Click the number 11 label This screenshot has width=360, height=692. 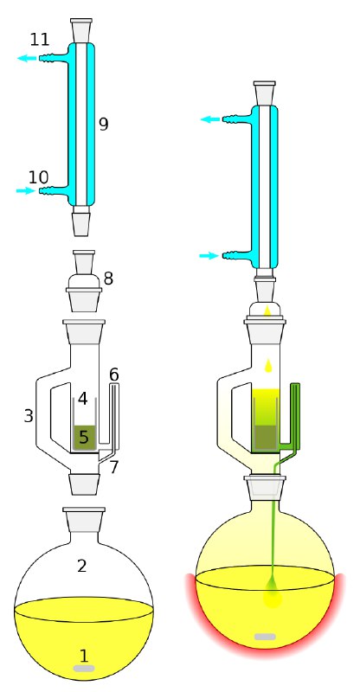pyautogui.click(x=40, y=40)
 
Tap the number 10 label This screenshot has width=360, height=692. pyautogui.click(x=38, y=177)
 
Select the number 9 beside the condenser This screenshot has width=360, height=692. pyautogui.click(x=103, y=125)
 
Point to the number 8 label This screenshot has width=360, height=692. pyautogui.click(x=108, y=279)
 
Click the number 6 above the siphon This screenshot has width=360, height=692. pyautogui.click(x=114, y=375)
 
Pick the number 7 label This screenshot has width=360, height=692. pyautogui.click(x=114, y=467)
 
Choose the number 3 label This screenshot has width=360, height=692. pyautogui.click(x=29, y=416)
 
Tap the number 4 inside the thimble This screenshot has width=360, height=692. pyautogui.click(x=83, y=400)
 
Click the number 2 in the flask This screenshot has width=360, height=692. pyautogui.click(x=81, y=566)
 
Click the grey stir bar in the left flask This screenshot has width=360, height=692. pyautogui.click(x=84, y=668)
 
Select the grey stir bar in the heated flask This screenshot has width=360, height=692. pyautogui.click(x=265, y=637)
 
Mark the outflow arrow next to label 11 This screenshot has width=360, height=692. pyautogui.click(x=28, y=58)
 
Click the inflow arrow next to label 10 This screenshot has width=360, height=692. pyautogui.click(x=26, y=190)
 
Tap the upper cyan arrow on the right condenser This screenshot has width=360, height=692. pyautogui.click(x=210, y=119)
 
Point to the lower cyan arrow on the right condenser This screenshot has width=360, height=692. pyautogui.click(x=209, y=255)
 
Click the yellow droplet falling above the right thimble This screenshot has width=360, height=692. pyautogui.click(x=267, y=365)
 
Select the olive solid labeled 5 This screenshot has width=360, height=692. pyautogui.click(x=84, y=438)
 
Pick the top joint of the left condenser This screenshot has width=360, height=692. pyautogui.click(x=81, y=31)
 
